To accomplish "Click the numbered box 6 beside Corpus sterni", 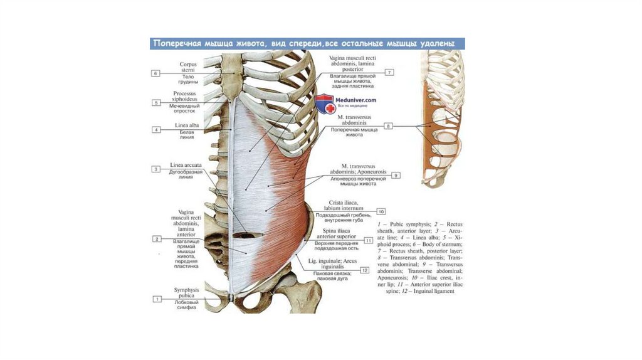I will [155, 73].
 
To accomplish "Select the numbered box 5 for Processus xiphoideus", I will [155, 102].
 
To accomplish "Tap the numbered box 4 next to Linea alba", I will [155, 130].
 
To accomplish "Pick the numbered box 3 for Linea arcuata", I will [155, 169].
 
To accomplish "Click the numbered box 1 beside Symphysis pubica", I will [155, 300].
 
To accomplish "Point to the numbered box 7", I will [389, 73].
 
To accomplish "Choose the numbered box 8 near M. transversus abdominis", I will [388, 126].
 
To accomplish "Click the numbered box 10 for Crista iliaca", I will [381, 211].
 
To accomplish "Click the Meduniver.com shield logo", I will [324, 103].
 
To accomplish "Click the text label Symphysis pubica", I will [187, 292].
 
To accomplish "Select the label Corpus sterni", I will [188, 66].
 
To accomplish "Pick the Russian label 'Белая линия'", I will [186, 134].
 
